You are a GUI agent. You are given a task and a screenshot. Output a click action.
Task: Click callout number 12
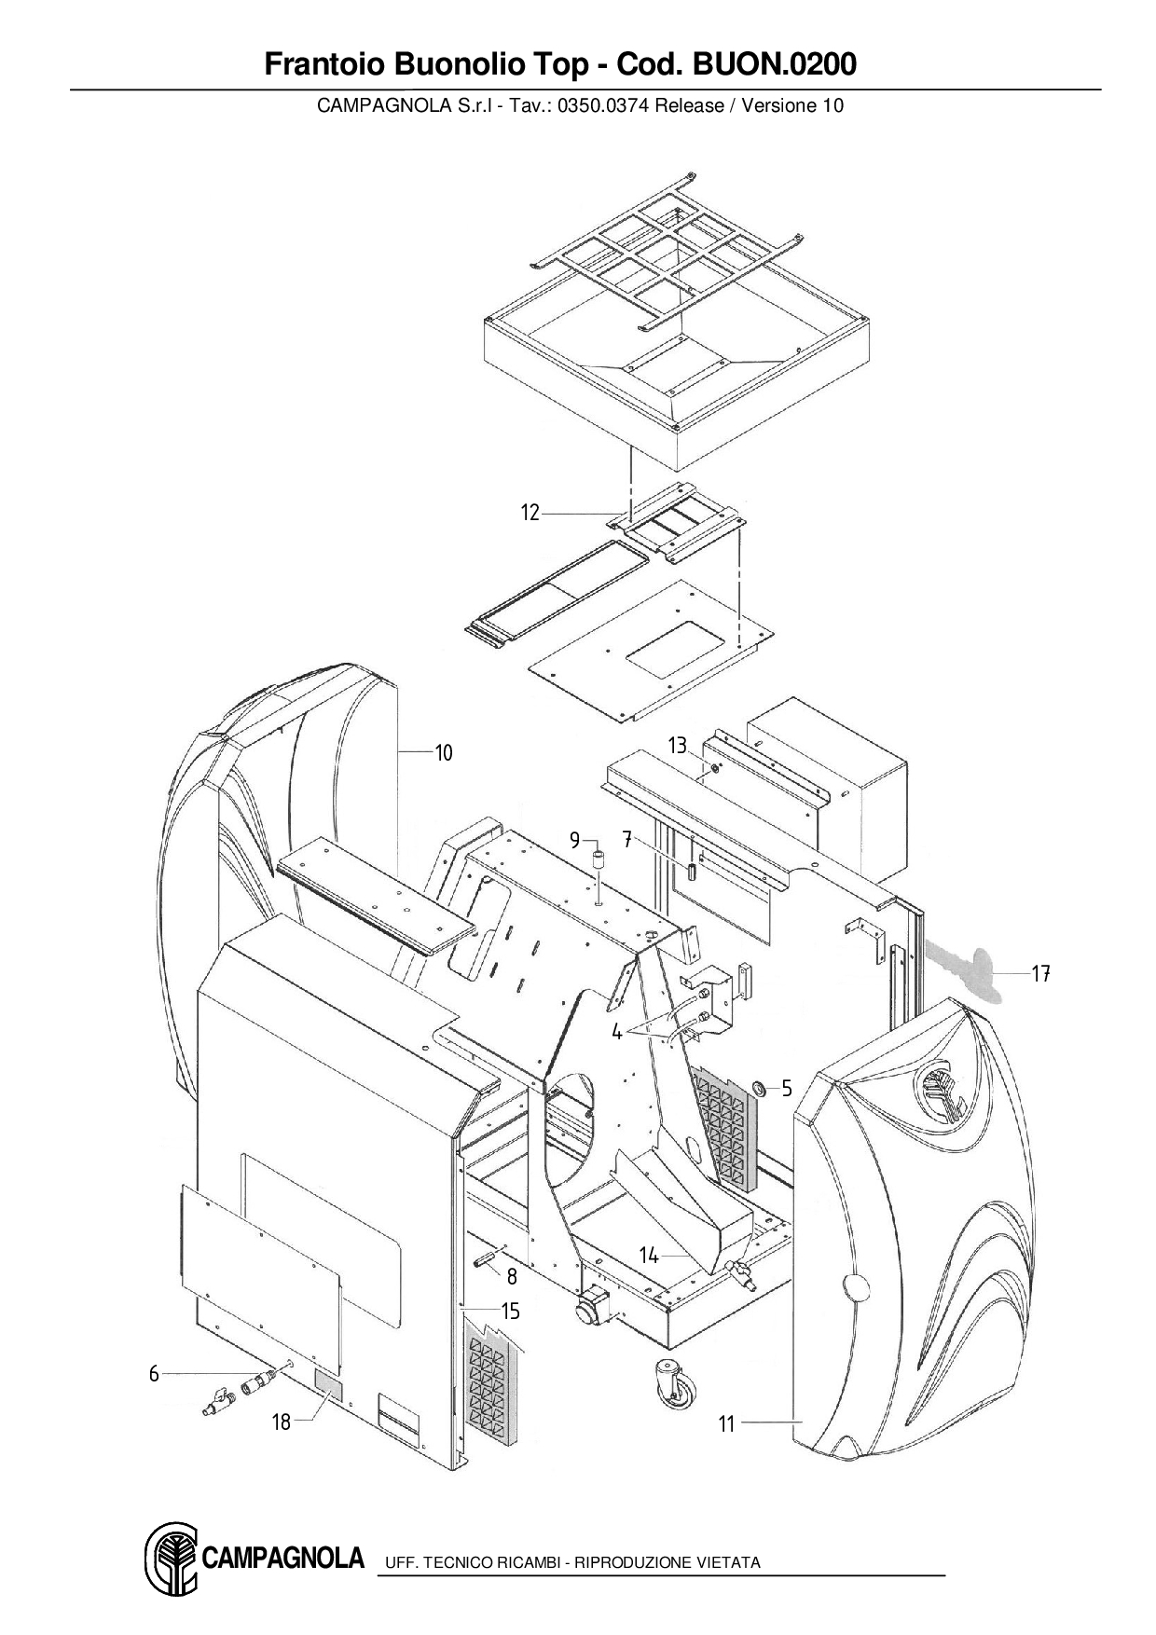530,513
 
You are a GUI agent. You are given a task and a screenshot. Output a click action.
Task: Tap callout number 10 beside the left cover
444,752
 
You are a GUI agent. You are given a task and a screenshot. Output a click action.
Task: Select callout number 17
1041,974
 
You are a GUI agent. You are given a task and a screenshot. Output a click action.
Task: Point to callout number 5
787,1088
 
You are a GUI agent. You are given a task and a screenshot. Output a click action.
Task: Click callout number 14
649,1256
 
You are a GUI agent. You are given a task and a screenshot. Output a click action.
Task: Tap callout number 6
154,1373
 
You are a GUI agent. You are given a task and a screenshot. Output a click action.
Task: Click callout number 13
678,746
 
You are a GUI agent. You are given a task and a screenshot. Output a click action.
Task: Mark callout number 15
510,1312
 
